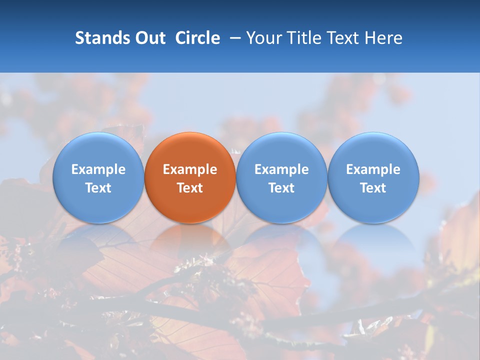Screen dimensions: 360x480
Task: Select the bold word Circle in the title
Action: point(197,38)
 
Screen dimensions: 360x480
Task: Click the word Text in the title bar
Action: point(343,38)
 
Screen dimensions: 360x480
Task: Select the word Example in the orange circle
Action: point(190,169)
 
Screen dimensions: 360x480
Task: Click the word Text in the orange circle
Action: point(190,188)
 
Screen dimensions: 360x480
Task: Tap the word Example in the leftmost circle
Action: point(98,169)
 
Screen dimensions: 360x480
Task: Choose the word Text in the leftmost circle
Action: point(98,188)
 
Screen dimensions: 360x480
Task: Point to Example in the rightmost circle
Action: point(373,169)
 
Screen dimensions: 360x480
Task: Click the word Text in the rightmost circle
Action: point(373,188)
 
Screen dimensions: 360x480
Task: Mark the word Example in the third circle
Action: point(281,169)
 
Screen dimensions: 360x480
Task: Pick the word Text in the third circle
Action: point(281,188)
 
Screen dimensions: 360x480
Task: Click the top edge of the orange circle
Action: point(190,133)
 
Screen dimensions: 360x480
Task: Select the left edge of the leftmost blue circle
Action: point(53,177)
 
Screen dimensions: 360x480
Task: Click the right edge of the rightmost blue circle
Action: point(418,177)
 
